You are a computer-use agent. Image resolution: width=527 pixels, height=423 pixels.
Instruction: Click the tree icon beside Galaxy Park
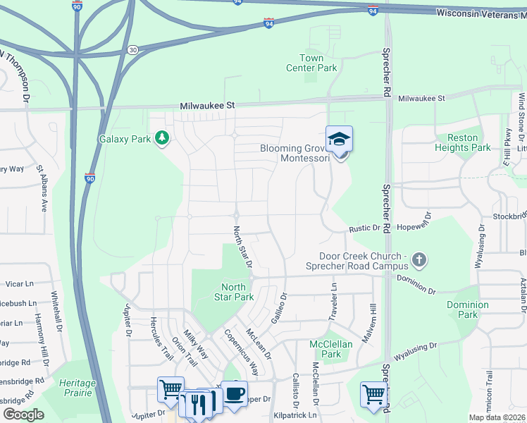pyautogui.click(x=163, y=138)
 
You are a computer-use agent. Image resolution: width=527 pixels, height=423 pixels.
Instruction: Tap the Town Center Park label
pyautogui.click(x=311, y=63)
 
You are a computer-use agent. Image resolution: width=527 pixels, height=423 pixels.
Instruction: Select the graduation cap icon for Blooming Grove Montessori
pyautogui.click(x=339, y=139)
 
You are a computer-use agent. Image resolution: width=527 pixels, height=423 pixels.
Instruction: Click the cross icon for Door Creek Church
pyautogui.click(x=419, y=260)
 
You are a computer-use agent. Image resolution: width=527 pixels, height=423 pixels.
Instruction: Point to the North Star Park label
pyautogui.click(x=233, y=292)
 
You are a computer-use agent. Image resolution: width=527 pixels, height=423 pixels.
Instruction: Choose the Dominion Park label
pyautogui.click(x=467, y=309)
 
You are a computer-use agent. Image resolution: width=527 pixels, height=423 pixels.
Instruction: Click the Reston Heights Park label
pyautogui.click(x=462, y=142)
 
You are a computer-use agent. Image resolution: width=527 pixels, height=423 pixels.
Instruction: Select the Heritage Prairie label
pyautogui.click(x=77, y=387)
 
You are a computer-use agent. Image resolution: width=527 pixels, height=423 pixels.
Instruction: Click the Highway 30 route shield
pyautogui.click(x=132, y=49)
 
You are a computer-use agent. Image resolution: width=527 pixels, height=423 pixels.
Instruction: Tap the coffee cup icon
pyautogui.click(x=235, y=393)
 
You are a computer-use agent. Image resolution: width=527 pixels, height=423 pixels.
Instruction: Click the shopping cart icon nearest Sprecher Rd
pyautogui.click(x=373, y=394)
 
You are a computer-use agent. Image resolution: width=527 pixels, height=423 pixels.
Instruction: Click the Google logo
pyautogui.click(x=23, y=414)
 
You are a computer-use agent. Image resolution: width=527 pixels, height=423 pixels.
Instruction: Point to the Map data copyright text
pyautogui.click(x=497, y=417)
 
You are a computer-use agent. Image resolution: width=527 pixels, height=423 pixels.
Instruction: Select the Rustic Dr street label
pyautogui.click(x=366, y=228)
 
